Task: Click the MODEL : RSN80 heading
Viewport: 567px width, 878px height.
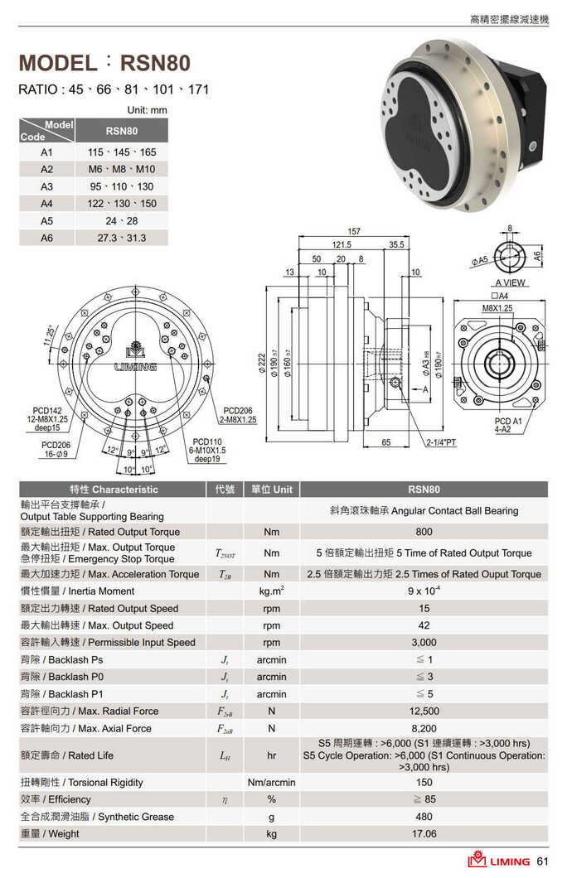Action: (104, 63)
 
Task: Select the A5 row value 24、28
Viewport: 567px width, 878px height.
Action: (121, 221)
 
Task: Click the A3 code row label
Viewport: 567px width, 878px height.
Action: (46, 186)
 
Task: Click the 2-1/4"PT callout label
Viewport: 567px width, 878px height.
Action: (442, 443)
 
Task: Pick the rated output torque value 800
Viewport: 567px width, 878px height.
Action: (424, 532)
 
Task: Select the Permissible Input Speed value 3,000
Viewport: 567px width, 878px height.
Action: (424, 642)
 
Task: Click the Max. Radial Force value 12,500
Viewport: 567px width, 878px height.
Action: (424, 711)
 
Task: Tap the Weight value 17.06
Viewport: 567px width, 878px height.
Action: (424, 833)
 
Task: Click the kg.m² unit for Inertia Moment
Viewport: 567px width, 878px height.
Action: (271, 591)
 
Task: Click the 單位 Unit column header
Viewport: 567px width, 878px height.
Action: (271, 489)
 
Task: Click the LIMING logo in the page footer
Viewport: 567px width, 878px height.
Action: (498, 861)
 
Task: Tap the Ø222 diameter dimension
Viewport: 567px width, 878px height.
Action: (262, 361)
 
